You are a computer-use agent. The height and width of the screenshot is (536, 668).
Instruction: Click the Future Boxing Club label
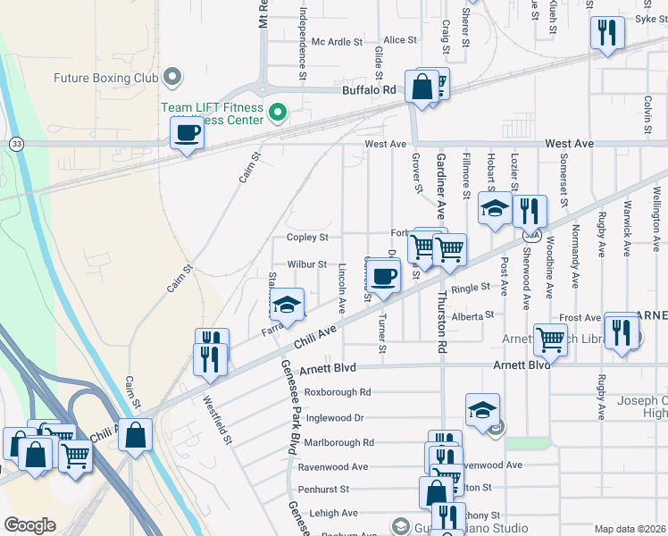[105, 78]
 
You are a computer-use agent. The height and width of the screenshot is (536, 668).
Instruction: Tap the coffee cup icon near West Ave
[187, 134]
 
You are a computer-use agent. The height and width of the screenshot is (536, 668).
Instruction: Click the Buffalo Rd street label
[369, 90]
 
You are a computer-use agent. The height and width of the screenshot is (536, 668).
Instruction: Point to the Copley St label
[307, 238]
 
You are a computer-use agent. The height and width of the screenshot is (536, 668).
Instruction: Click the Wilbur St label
[307, 264]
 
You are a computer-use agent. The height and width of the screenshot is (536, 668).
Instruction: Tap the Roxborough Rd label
[337, 392]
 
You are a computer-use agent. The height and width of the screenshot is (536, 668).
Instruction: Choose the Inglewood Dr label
[334, 417]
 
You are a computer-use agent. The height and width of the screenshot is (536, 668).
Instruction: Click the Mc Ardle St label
[336, 41]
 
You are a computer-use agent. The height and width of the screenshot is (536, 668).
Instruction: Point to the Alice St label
[399, 40]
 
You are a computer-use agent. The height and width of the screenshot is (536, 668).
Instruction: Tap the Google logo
[29, 525]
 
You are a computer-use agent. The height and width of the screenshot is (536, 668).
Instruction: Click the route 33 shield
[16, 143]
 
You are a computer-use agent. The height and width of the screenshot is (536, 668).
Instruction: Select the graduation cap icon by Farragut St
[287, 306]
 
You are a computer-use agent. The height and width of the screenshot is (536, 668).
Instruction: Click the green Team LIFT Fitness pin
[278, 113]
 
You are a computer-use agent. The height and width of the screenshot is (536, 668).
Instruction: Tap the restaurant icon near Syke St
[606, 33]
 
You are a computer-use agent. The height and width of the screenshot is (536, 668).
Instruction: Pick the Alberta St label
[472, 316]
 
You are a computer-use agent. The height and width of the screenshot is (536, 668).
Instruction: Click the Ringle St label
[471, 288]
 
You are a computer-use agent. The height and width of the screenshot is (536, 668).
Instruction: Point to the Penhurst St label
[323, 490]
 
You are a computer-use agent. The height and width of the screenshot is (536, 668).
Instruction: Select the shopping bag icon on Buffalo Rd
[422, 87]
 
